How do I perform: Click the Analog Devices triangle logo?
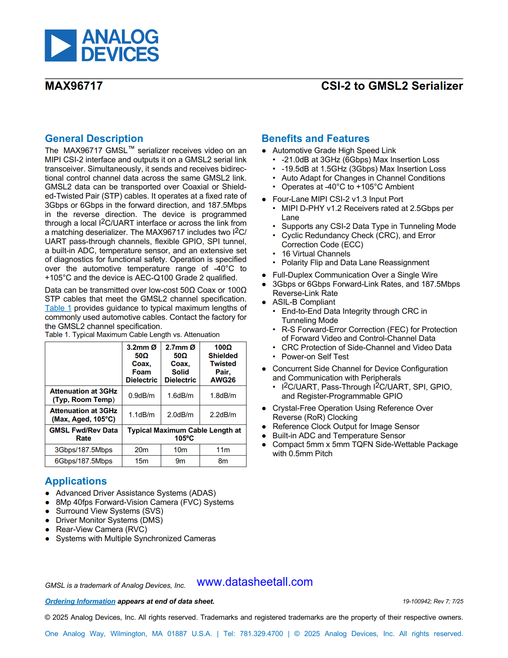61,45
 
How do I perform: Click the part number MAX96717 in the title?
74,86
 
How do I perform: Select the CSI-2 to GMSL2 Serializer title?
392,86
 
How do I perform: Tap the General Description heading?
94,138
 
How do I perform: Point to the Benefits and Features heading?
315,138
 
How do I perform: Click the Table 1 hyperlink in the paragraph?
58,308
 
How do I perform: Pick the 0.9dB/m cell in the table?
141,396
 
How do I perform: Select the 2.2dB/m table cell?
223,415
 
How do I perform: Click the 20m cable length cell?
141,450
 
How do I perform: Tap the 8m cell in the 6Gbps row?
223,461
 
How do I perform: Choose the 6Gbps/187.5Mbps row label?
83,461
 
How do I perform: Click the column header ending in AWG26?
223,364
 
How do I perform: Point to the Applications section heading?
76,481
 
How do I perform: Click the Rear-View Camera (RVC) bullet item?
101,530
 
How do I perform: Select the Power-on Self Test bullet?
315,357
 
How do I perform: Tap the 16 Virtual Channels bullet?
316,254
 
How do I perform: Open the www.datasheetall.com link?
255,582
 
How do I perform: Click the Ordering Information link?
80,601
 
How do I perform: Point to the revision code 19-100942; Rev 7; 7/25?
433,601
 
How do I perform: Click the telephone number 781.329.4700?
261,634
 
